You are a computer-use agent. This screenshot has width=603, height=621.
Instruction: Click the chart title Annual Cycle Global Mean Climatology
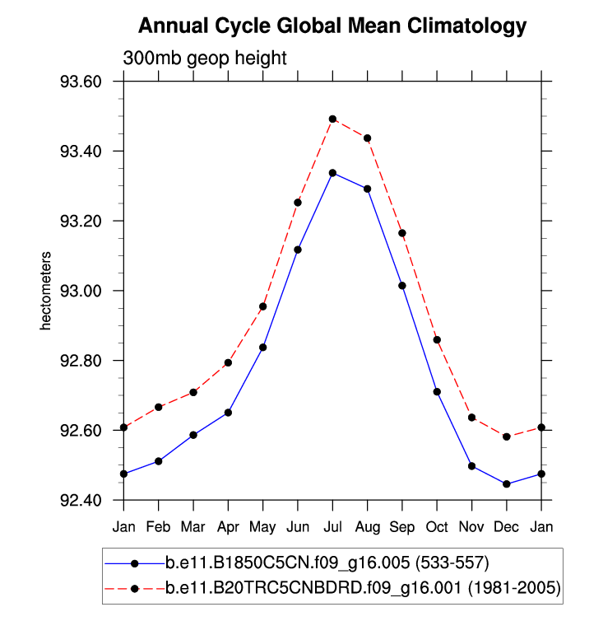click(332, 26)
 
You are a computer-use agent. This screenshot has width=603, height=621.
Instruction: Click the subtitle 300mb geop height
click(204, 58)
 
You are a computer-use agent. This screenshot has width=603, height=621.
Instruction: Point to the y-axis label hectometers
click(47, 291)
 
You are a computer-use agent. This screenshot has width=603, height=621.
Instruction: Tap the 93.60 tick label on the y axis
click(86, 82)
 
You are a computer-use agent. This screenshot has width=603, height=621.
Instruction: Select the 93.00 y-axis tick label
click(86, 291)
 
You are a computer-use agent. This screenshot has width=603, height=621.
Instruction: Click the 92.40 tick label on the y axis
click(86, 500)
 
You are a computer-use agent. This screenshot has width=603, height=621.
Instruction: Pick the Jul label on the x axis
click(332, 525)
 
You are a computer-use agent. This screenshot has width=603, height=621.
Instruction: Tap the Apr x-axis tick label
click(228, 525)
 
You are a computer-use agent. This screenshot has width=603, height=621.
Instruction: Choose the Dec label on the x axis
click(506, 525)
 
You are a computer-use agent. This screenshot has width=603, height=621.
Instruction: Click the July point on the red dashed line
click(332, 119)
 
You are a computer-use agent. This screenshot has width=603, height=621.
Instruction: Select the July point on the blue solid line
click(332, 173)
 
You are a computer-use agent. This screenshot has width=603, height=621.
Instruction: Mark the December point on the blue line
click(506, 484)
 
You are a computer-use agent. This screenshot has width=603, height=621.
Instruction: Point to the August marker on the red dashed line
click(367, 138)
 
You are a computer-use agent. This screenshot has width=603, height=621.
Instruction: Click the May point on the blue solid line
click(262, 348)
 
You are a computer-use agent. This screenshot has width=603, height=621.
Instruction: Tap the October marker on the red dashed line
click(437, 339)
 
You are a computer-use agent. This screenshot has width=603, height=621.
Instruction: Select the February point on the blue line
click(158, 461)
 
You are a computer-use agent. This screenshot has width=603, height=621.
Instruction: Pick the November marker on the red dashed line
click(471, 418)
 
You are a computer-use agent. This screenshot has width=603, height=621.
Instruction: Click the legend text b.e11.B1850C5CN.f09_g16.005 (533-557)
click(327, 563)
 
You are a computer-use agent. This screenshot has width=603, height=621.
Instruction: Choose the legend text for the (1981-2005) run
click(363, 588)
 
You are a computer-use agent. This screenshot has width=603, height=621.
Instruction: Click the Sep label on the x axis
click(401, 525)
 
